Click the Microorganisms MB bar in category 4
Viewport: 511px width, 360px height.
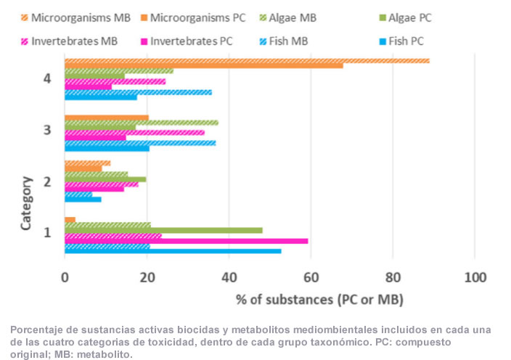[247, 60]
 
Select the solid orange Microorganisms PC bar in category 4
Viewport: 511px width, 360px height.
[203, 66]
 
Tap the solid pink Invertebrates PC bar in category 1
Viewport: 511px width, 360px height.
[186, 241]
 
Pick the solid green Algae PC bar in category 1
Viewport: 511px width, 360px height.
[163, 230]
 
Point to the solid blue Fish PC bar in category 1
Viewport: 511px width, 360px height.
[173, 251]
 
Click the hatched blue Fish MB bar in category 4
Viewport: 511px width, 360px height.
[138, 92]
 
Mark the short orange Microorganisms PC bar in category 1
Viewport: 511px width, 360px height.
[70, 220]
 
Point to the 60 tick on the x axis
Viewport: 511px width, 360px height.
[310, 278]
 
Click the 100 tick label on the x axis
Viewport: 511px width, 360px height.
[474, 278]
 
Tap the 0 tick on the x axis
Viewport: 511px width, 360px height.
[65, 278]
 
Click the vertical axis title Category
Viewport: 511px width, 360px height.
[26, 203]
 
